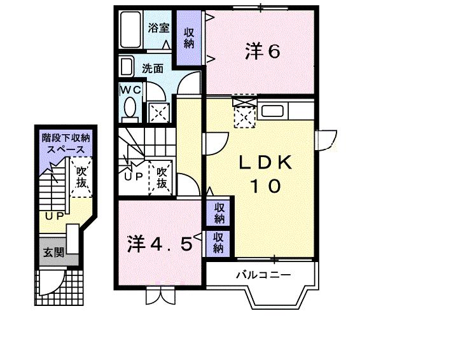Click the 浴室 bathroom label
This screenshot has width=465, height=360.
coord(158,27)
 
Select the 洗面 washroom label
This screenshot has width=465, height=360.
coord(153,68)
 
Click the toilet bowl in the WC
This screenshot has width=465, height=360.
coord(132,108)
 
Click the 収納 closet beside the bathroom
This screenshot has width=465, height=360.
coord(189,38)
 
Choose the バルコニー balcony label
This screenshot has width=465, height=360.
coord(263,275)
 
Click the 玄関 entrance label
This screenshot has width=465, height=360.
coord(53,252)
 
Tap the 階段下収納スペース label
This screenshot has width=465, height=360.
coord(66,142)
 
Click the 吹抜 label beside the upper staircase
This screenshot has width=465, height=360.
coord(162,177)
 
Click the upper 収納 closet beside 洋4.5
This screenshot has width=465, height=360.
coord(219,213)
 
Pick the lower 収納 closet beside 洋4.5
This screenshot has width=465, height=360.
coord(219,242)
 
